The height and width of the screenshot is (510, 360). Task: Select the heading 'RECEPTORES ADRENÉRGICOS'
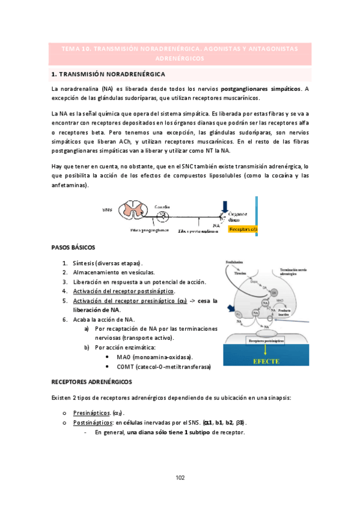pos(92,381)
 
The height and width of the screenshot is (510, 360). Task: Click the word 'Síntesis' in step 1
pos(84,263)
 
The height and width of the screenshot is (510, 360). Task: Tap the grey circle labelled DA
pos(274,292)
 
